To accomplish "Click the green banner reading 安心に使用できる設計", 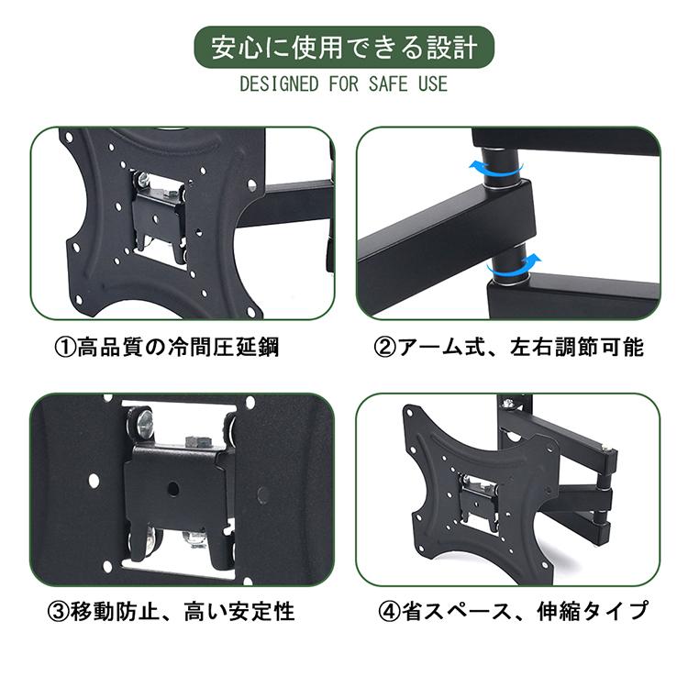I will click(344, 47).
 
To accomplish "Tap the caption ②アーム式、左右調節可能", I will click(509, 348).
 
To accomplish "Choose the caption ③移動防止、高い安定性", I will click(173, 609).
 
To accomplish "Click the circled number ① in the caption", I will click(66, 348).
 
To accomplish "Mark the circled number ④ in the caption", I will click(391, 609).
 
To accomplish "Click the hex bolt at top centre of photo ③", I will click(194, 440).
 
